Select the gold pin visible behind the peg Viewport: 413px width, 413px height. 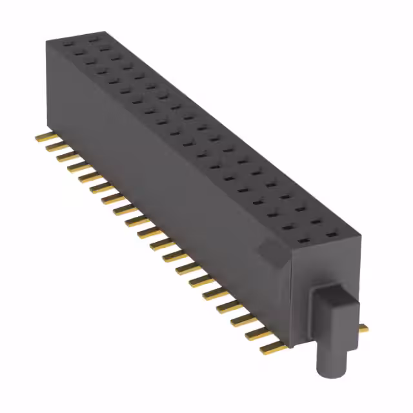(x=363, y=328)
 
